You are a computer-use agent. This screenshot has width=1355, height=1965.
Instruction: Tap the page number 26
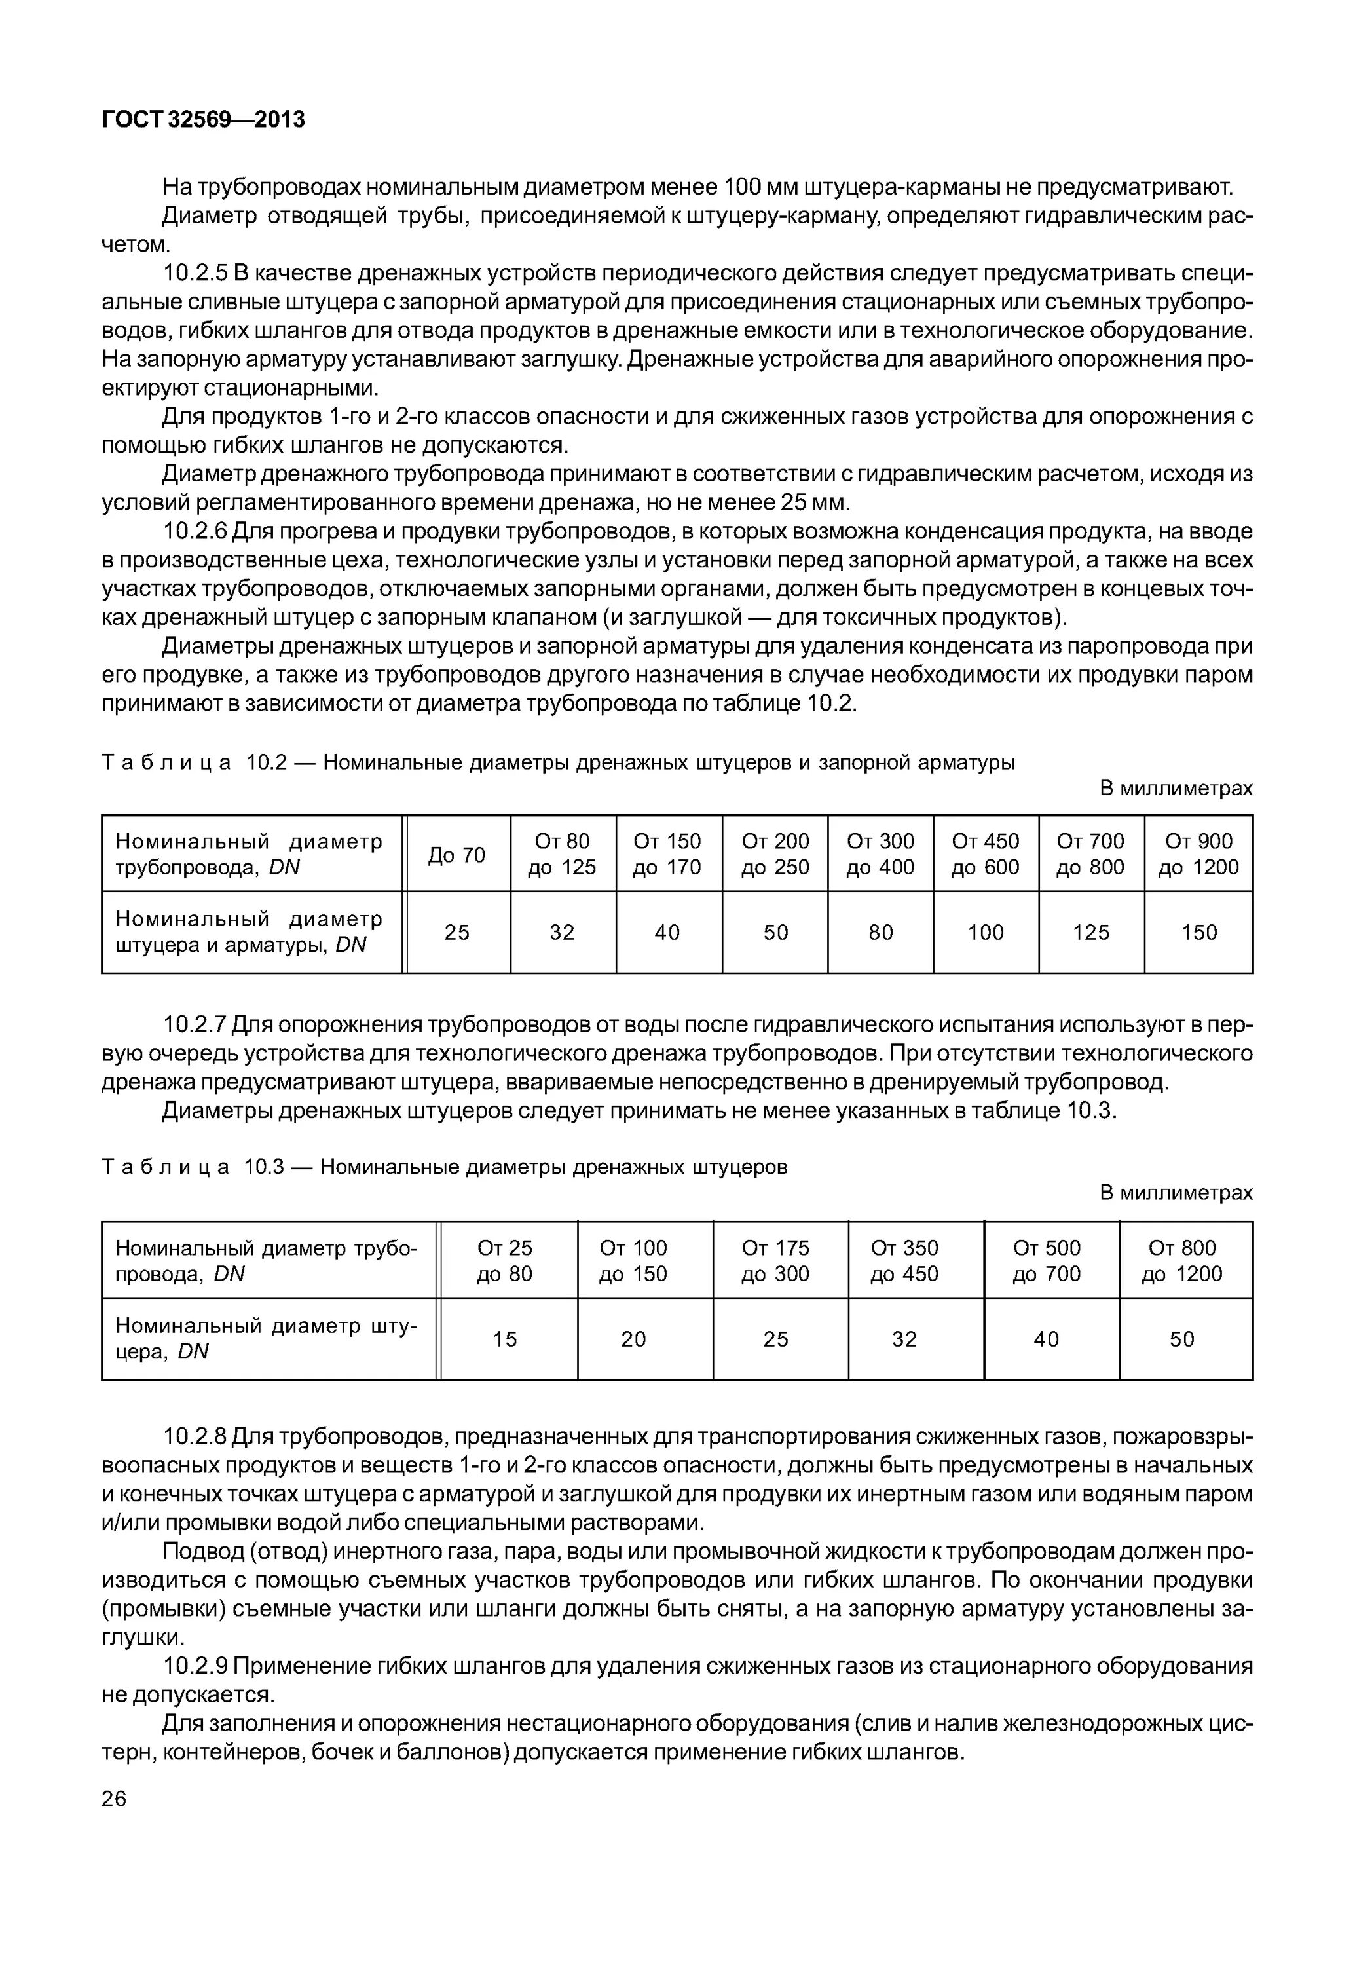(x=114, y=1799)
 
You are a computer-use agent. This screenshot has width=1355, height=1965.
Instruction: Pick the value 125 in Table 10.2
(x=1090, y=933)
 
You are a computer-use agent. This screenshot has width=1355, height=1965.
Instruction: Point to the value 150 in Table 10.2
(x=1198, y=933)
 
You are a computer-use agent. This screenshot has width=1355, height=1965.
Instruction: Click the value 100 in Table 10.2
(x=985, y=933)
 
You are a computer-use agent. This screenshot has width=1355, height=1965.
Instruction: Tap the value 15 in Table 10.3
(x=505, y=1339)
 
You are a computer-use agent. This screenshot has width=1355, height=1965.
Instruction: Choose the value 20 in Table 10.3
(x=633, y=1339)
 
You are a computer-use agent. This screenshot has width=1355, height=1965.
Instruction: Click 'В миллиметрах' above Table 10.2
(x=1176, y=788)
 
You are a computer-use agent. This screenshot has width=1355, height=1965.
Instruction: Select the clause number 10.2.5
(x=195, y=273)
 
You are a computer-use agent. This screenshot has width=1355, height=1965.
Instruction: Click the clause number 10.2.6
(x=195, y=532)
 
